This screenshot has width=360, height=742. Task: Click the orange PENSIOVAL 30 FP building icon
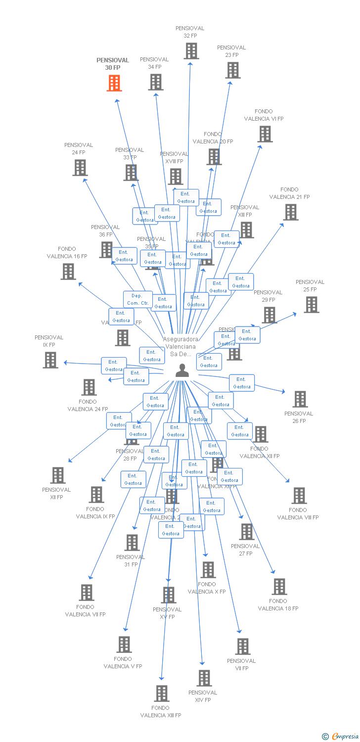tap(114, 83)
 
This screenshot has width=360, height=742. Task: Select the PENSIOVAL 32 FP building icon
tap(191, 51)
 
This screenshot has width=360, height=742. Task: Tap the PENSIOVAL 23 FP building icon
tap(232, 70)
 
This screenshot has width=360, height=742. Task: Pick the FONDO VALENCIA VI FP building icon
tap(265, 134)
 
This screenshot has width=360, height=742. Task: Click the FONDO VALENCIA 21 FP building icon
tap(290, 212)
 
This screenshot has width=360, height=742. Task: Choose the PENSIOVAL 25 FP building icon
tap(311, 305)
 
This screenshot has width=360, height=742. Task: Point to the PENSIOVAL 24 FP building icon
tap(80, 168)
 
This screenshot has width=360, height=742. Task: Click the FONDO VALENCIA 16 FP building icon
tap(68, 272)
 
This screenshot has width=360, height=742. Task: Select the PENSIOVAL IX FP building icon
tap(50, 360)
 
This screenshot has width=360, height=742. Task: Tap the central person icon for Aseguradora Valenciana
tap(182, 371)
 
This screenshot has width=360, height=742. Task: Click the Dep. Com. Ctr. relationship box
tap(137, 299)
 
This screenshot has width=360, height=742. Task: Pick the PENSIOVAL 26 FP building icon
tap(300, 399)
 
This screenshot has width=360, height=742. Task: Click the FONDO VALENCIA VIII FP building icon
tap(299, 496)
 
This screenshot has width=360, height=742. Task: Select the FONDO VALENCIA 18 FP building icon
tap(279, 587)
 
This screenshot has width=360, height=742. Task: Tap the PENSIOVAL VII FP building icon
tap(242, 647)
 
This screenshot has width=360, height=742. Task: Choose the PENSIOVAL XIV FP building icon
tap(204, 678)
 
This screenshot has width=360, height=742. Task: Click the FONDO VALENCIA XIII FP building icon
tap(161, 694)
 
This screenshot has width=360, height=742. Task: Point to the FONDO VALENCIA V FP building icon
tap(124, 645)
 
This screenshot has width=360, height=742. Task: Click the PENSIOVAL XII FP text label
tap(56, 494)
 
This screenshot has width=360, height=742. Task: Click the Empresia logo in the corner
tap(341, 737)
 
